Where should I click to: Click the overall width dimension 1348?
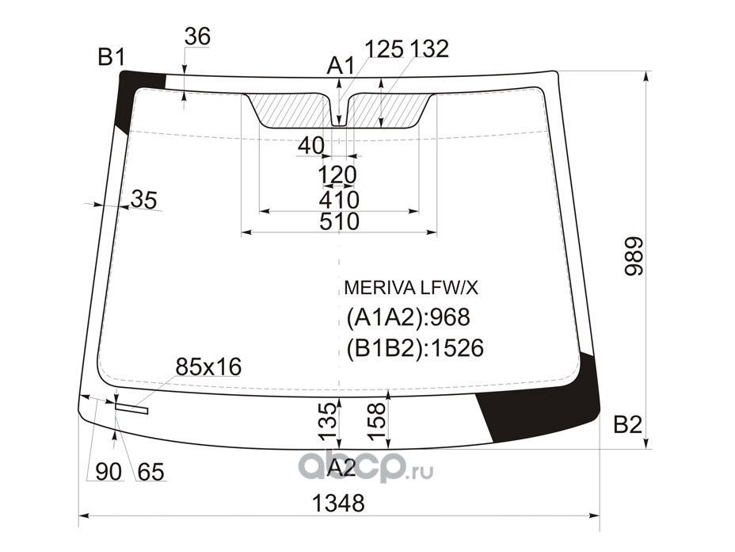coord(338,503)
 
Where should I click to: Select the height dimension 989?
coord(635,256)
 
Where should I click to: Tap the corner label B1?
coord(112,57)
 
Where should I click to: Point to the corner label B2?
coord(627,425)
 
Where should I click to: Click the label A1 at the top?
coord(341,66)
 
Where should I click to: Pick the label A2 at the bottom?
coord(341,467)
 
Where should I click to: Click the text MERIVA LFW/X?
coord(411,288)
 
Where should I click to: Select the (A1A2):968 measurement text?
coord(408,318)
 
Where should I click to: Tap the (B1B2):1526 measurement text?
coord(415,348)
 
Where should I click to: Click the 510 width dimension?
coord(339,221)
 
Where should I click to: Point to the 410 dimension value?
coord(339,200)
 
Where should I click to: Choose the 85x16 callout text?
coord(208,366)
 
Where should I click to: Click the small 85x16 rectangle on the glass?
coord(131,408)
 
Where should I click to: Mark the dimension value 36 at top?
coord(197,36)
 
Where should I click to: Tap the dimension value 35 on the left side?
coord(143,200)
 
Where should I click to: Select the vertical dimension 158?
coord(378,421)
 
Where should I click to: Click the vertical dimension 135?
coord(328,421)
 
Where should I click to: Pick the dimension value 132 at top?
coord(429,49)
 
